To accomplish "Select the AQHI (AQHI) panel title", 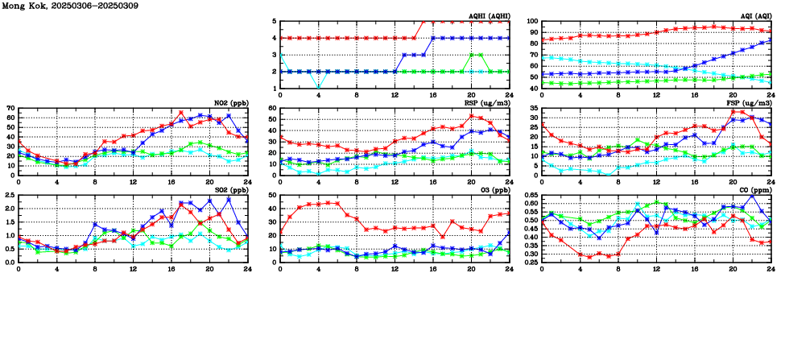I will pos(489,16).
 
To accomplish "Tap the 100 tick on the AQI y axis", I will pos(532,22).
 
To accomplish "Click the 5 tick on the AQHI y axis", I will pos(274,22).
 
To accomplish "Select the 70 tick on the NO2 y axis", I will pos(10,108).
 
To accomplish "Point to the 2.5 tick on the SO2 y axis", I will pos(9,195).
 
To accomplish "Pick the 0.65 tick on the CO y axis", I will pos(530,195).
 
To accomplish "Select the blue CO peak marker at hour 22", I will pos(752,196).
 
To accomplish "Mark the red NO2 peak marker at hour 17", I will pos(181,113).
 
